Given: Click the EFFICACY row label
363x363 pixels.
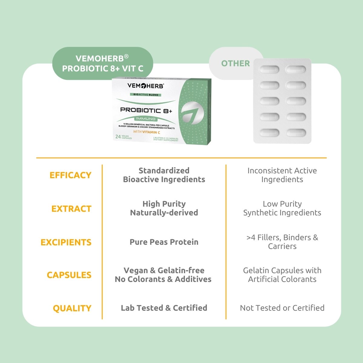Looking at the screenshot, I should (x=70, y=175).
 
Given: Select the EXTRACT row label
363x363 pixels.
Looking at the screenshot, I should (x=71, y=209).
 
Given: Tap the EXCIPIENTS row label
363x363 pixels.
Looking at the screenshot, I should (x=66, y=242).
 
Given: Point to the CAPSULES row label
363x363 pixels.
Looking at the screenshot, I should (x=69, y=275).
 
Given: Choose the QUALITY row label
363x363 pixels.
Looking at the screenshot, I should (x=72, y=308).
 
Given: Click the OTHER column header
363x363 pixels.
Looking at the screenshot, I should (x=235, y=64).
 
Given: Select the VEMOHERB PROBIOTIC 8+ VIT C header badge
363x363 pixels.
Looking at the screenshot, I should (x=103, y=63).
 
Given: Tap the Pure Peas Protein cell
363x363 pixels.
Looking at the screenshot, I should (x=164, y=242).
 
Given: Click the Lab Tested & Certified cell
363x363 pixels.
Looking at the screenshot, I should (x=164, y=308).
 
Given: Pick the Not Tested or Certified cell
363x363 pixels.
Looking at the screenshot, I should (x=282, y=308).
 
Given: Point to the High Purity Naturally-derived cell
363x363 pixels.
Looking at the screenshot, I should (x=164, y=208).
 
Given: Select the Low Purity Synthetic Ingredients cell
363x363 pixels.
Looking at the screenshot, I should (x=282, y=208).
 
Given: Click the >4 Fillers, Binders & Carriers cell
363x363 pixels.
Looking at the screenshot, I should (x=282, y=242).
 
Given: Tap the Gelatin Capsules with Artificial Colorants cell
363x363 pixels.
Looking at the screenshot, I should (x=282, y=275).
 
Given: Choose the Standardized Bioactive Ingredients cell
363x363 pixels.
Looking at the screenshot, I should (x=164, y=175).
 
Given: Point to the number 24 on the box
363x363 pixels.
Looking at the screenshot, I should (x=118, y=137).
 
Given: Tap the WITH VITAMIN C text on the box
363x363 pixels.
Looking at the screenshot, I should (x=147, y=132).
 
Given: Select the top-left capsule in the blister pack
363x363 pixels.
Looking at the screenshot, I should (x=269, y=69).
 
